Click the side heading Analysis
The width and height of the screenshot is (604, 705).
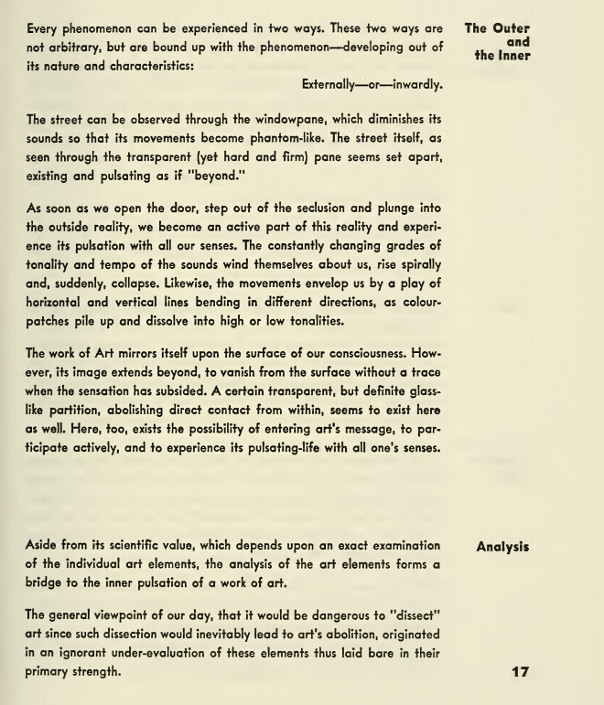[502, 547]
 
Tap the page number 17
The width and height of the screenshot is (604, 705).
[520, 672]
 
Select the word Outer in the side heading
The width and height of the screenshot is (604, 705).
[512, 28]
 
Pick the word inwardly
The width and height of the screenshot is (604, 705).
[415, 85]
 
